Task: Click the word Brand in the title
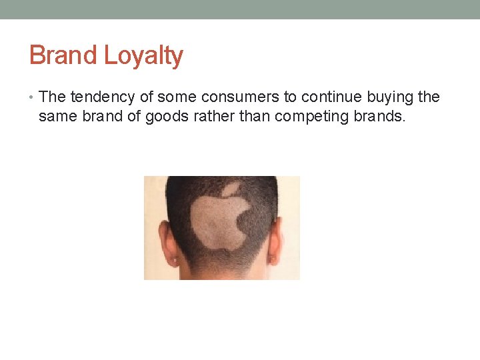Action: pos(63,55)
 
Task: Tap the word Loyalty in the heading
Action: pos(143,56)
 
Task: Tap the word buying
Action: pos(387,97)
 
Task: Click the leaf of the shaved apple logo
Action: pos(231,190)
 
